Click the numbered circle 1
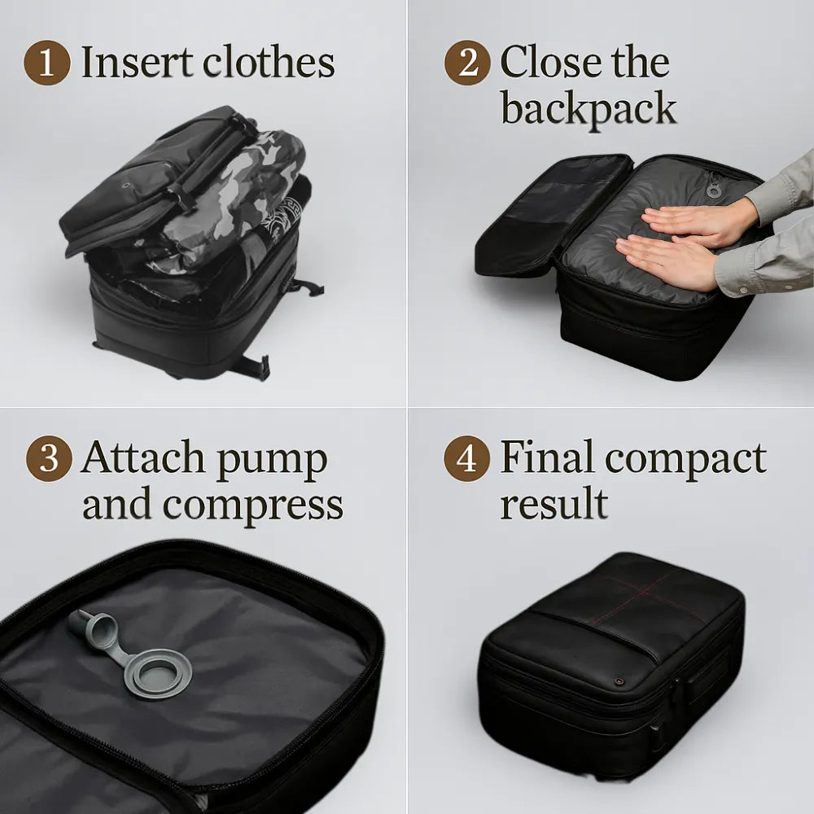pyautogui.click(x=47, y=63)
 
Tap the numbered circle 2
pyautogui.click(x=467, y=63)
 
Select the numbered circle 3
pyautogui.click(x=50, y=459)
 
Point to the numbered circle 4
pyautogui.click(x=466, y=459)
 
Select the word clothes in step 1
pyautogui.click(x=272, y=63)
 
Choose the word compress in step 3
pyautogui.click(x=252, y=505)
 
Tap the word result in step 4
pyautogui.click(x=553, y=504)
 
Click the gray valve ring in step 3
pyautogui.click(x=159, y=671)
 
